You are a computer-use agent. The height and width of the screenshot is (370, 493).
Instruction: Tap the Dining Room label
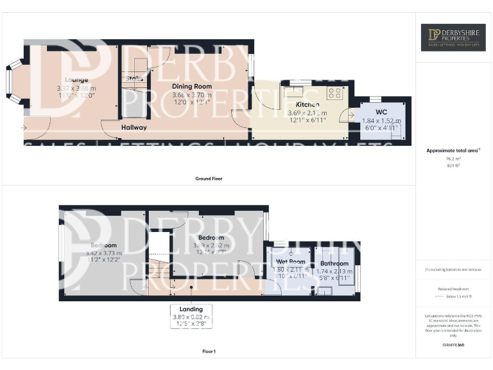pos(191,86)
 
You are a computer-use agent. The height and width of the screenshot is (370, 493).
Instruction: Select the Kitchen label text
pos(307,104)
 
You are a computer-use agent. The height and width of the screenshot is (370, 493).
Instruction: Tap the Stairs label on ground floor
pos(134,78)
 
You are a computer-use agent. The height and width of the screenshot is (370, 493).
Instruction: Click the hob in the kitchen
pos(334,92)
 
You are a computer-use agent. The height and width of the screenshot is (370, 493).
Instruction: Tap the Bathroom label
pos(334,263)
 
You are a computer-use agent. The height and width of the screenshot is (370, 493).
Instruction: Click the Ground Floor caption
pos(210,178)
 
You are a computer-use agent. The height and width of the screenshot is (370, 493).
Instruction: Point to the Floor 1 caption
pos(209,351)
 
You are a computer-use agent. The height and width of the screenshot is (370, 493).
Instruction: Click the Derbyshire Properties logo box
pos(453,37)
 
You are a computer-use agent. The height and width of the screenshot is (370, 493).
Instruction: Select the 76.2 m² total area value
pos(453,158)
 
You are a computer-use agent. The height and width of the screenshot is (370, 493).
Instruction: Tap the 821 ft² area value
pos(453,165)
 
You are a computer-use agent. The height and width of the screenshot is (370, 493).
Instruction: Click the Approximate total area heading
pos(453,150)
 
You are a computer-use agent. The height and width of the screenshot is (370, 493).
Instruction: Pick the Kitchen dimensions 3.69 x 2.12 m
pos(307,112)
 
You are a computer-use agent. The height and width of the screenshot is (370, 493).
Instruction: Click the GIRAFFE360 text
pos(453,345)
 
